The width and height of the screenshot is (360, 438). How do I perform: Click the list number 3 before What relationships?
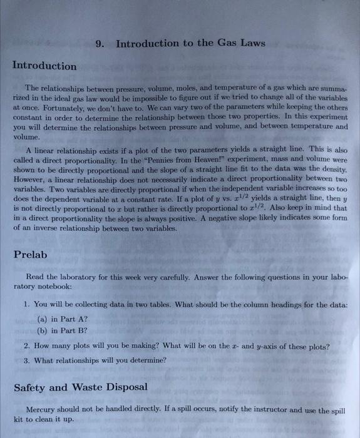click(x=26, y=360)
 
